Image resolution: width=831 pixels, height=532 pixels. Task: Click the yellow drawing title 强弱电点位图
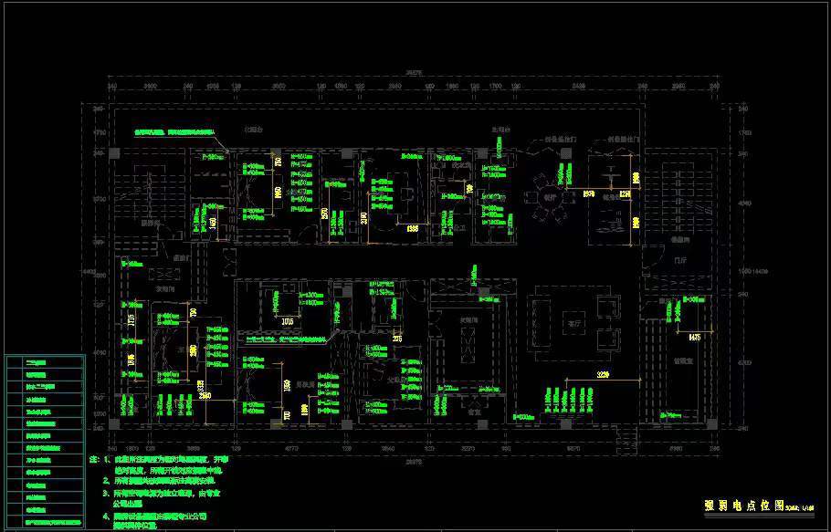[x=744, y=505]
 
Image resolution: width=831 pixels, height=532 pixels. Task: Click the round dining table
[x=551, y=194]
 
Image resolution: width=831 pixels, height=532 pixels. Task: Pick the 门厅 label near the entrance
[x=678, y=259]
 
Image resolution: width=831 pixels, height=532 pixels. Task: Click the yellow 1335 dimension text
[x=412, y=228]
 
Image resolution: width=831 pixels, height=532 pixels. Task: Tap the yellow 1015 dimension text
[x=288, y=321]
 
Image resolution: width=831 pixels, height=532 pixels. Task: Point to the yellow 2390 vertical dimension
[x=363, y=218]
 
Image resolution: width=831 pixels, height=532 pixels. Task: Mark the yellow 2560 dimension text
[x=206, y=395]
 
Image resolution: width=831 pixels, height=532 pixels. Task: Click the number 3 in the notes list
[x=106, y=492]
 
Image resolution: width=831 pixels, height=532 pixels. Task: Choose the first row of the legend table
[x=45, y=362]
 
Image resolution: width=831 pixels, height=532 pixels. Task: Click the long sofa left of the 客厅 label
[x=545, y=321]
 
